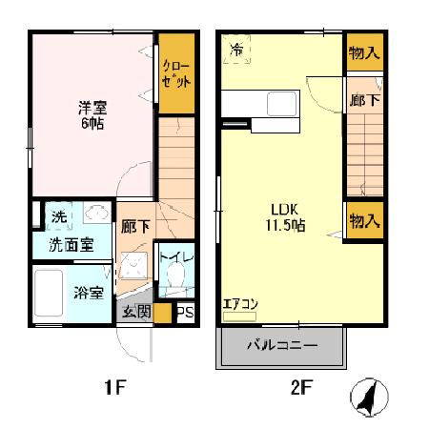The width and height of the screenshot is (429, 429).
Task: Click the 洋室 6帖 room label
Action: point(92,115)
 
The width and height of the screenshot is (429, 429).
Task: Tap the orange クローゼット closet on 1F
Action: point(175,74)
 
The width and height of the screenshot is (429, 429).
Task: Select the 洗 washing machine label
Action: point(59,216)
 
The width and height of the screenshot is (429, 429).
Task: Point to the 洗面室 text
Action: point(71,244)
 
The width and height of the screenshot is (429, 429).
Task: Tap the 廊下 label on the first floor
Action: point(134,227)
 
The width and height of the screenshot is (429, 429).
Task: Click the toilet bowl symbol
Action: point(174,280)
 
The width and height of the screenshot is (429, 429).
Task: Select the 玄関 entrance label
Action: point(135,312)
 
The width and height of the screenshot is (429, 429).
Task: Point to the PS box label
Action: point(185,313)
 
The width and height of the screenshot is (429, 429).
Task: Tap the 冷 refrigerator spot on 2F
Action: point(235,48)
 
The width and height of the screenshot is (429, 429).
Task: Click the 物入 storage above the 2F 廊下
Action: point(363,52)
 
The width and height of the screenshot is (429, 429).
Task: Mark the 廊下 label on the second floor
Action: point(363,97)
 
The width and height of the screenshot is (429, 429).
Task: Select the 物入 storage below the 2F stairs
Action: point(363,221)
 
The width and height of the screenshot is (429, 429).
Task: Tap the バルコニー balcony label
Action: point(282,345)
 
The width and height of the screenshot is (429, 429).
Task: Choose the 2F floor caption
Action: point(301,387)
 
